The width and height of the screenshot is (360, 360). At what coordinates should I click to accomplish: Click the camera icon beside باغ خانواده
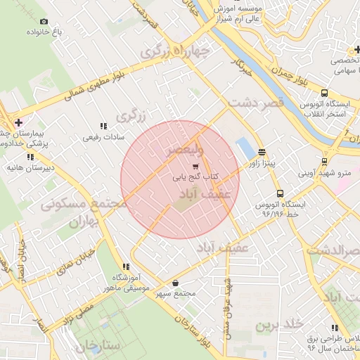44,22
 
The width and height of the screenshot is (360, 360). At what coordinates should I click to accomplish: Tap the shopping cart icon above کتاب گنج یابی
195,167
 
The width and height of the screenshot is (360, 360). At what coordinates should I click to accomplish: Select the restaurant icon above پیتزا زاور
262,152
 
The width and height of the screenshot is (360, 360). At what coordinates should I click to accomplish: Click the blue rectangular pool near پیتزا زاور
245,148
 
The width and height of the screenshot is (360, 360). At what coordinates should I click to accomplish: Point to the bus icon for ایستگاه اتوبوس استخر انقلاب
323,94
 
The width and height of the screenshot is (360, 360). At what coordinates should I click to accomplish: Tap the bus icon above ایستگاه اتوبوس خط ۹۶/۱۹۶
280,193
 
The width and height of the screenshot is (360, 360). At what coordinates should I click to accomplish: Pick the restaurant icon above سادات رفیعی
103,126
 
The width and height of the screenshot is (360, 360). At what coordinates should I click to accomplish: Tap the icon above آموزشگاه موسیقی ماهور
126,266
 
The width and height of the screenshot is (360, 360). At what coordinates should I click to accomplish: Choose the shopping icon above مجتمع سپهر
174,283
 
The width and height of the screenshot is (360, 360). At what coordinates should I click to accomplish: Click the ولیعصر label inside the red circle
185,151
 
